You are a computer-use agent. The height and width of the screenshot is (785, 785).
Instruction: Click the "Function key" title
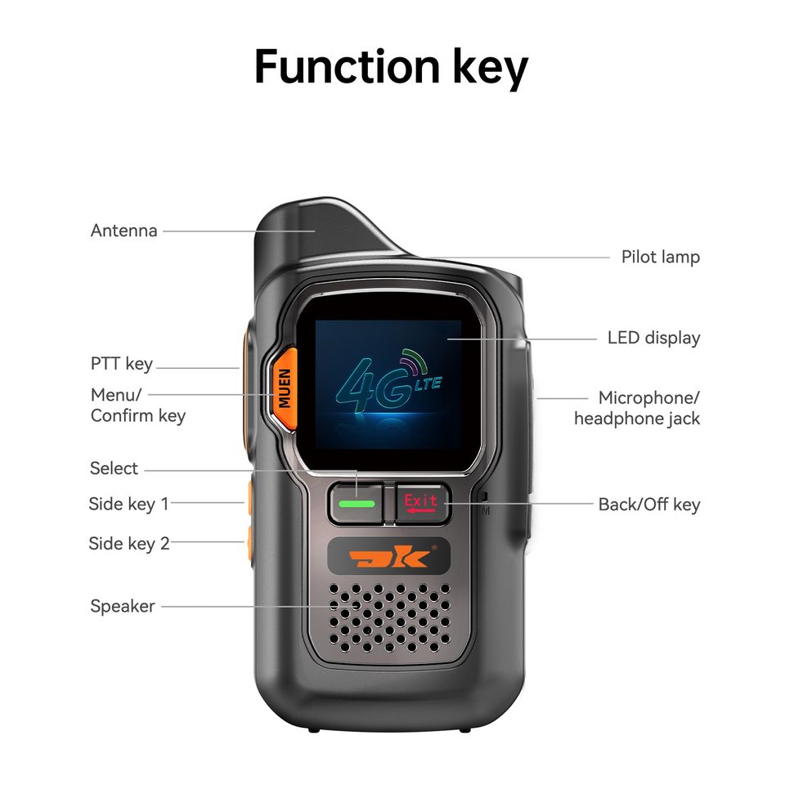click(391, 66)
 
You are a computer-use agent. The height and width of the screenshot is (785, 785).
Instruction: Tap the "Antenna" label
click(123, 231)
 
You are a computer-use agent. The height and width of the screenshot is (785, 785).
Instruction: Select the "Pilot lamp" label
click(660, 257)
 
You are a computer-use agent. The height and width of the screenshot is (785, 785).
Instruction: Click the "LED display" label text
click(653, 338)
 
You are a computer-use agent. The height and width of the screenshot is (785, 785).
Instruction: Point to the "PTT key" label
click(122, 364)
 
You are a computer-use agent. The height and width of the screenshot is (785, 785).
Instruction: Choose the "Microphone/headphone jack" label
click(637, 408)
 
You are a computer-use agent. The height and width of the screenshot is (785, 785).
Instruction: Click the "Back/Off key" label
click(648, 504)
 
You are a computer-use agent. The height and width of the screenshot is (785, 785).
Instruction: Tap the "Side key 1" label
click(128, 504)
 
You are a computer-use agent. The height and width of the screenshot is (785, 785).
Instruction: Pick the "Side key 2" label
click(128, 543)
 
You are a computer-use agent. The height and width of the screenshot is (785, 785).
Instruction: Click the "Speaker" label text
click(123, 606)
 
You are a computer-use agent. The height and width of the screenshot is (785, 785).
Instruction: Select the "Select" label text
click(114, 469)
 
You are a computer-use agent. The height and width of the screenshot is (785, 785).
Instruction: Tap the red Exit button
click(422, 503)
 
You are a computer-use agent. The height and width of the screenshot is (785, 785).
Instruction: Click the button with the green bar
click(357, 504)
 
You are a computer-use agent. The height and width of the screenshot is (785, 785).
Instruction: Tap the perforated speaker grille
click(389, 618)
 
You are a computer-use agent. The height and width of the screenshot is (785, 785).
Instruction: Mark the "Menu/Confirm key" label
click(137, 405)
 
